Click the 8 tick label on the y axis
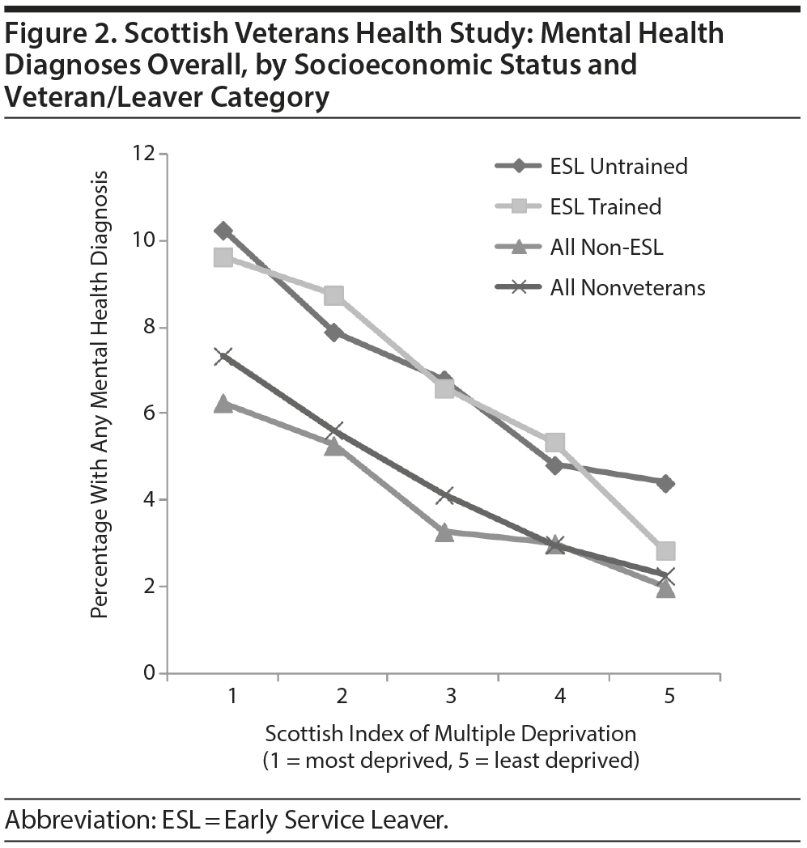149,327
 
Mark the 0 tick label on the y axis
149,673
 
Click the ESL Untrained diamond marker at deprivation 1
223,231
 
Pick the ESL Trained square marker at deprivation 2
333,295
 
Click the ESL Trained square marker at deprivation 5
665,551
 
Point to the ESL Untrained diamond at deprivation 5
665,483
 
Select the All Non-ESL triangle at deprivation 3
444,532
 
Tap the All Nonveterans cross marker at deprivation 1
223,356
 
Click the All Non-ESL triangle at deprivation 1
223,404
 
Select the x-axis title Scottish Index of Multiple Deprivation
450,734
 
